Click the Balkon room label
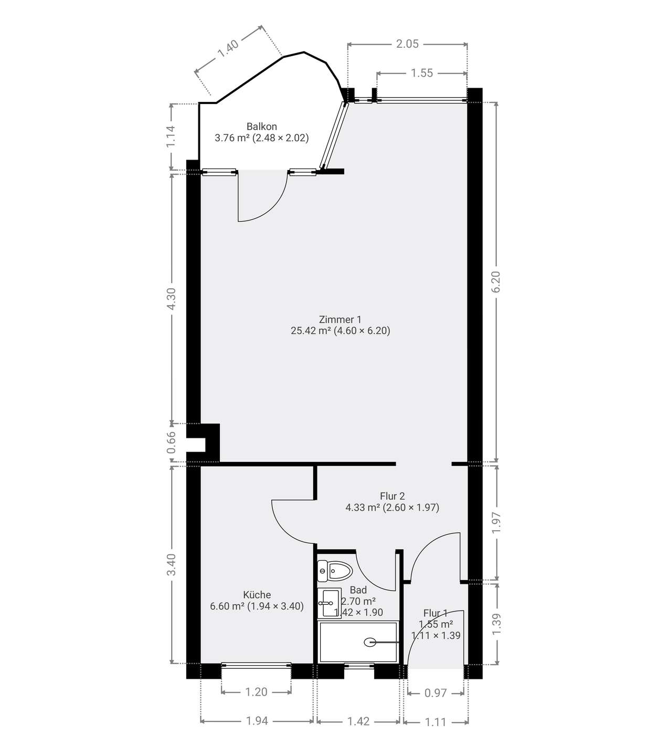pos(261,127)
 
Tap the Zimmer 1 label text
pos(340,319)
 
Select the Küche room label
pos(257,595)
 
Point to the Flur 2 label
pos(393,496)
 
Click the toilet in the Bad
pos(335,571)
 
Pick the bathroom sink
pos(329,603)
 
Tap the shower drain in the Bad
pos(370,642)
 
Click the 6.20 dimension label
pos(496,282)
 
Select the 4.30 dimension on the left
pos(171,299)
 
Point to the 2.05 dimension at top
pos(407,44)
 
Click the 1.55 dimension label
pos(422,73)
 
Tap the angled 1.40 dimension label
pos(228,48)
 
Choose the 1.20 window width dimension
pos(256,692)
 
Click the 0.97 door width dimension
pos(436,694)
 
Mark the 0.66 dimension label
pos(171,443)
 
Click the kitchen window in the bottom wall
pos(256,665)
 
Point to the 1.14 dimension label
pos(171,136)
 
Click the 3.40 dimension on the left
pos(171,565)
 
